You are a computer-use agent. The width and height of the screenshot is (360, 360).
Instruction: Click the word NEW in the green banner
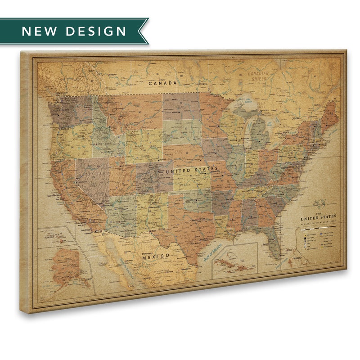coord(38,31)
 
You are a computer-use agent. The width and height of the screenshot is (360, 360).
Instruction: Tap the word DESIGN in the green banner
coord(96,31)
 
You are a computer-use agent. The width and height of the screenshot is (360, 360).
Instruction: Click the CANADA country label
coord(163,83)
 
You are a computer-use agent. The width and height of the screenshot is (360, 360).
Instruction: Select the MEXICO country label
coord(155,256)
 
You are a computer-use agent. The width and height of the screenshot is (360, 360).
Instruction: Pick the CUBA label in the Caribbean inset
coord(220,265)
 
